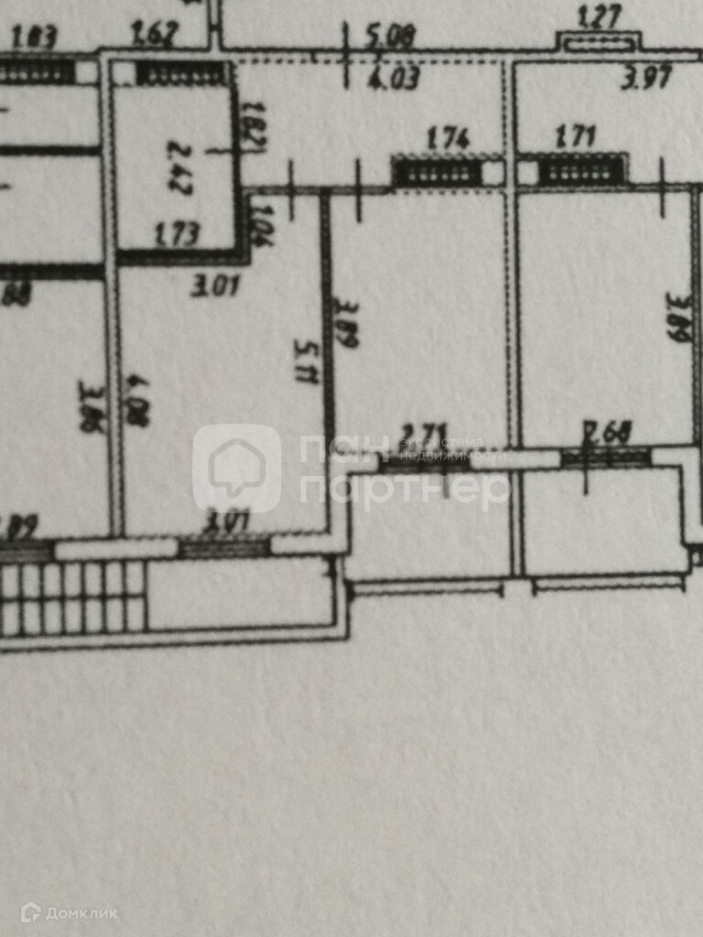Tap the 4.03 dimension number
click(x=394, y=79)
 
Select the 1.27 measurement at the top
click(x=600, y=16)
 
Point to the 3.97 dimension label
click(x=647, y=79)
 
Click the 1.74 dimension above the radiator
click(x=449, y=139)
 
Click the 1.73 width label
click(x=177, y=234)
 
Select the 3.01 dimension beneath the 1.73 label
click(x=216, y=286)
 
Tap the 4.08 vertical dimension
click(x=138, y=398)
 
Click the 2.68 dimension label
click(x=607, y=431)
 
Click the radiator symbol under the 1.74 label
click(x=438, y=172)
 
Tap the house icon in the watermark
click(x=237, y=468)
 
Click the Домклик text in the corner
click(x=82, y=912)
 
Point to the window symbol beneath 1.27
click(x=600, y=41)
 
